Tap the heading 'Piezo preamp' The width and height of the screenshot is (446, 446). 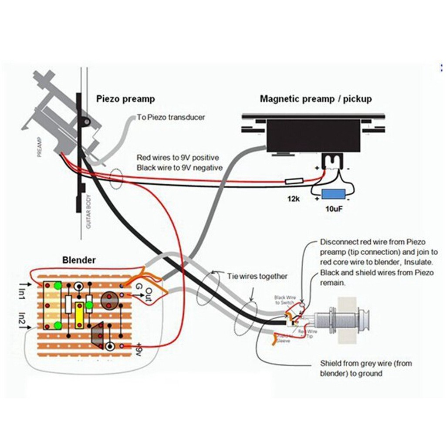pos(125,99)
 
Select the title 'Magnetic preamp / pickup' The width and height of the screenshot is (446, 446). pos(316,99)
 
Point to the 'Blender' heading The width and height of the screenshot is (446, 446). pos(79,260)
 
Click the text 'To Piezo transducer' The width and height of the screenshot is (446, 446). pos(171,117)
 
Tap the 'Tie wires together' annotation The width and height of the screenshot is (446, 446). pos(257,276)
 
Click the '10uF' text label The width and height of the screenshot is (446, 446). pos(334,209)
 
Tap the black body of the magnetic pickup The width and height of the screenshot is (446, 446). pos(314,135)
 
